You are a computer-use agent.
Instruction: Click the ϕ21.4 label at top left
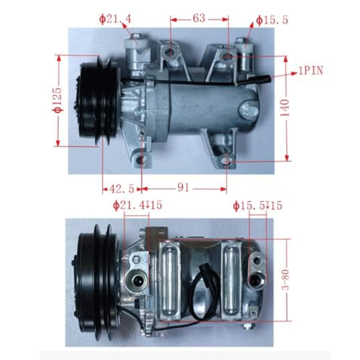[115, 19]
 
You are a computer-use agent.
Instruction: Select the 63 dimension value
[199, 18]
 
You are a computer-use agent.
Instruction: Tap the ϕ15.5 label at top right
[272, 20]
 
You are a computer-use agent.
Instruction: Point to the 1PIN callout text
[311, 71]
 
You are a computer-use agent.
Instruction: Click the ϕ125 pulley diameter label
[57, 100]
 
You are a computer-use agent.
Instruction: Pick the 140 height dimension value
[284, 108]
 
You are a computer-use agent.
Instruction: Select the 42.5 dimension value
[121, 189]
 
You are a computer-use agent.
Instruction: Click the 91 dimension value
[183, 188]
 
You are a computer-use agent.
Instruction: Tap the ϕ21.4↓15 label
[138, 205]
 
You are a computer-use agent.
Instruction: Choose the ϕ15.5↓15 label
[257, 206]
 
